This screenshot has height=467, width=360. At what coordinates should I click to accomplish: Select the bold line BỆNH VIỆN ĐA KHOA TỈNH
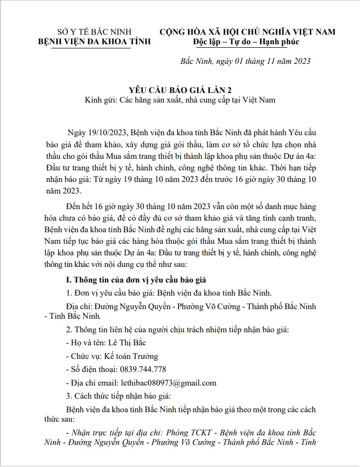pos(95,42)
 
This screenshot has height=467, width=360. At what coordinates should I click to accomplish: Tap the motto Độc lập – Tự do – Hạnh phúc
pos(246,42)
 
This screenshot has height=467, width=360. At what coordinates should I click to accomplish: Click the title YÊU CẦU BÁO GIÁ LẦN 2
pos(180,90)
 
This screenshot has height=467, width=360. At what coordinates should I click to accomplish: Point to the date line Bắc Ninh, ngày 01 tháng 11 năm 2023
pos(245,61)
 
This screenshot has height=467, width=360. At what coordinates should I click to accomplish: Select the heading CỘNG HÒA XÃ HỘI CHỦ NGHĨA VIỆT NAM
pos(247,32)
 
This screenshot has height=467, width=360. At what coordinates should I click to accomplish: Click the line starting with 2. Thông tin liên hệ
pos(177,330)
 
